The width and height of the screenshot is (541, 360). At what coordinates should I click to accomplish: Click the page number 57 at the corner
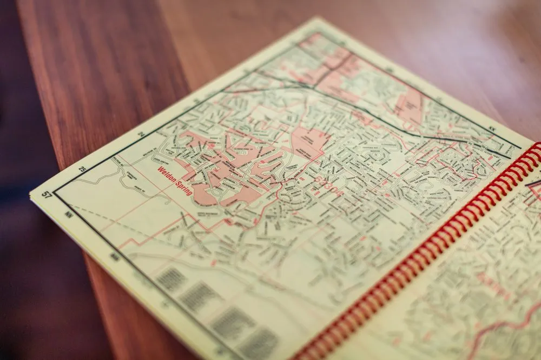click(47, 195)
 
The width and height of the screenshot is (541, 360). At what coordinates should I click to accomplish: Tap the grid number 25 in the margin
click(82, 169)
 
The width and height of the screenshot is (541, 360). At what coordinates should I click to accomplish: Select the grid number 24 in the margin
click(141, 134)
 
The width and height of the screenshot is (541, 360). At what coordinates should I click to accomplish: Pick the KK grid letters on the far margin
click(492, 129)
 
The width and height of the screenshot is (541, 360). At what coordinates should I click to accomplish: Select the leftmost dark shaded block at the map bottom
click(171, 279)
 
